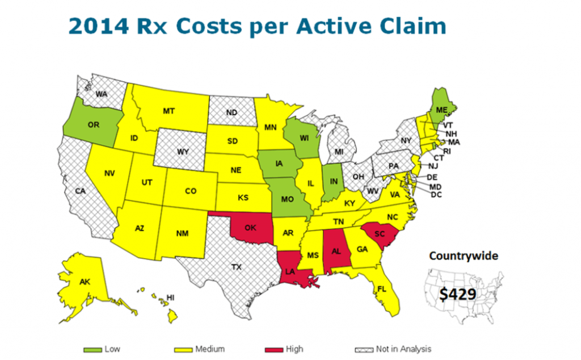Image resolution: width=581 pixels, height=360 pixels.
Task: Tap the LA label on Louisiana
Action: point(289,272)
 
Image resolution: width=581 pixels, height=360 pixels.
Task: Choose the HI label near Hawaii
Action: point(170,297)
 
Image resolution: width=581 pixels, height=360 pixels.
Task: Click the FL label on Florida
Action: point(381,289)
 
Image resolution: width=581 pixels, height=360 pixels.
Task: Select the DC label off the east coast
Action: point(436,195)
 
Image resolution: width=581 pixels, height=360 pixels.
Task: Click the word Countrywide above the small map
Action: point(464,256)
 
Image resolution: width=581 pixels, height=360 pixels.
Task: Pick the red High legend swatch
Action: point(274,349)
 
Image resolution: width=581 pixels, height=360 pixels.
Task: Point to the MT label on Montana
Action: point(169,111)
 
